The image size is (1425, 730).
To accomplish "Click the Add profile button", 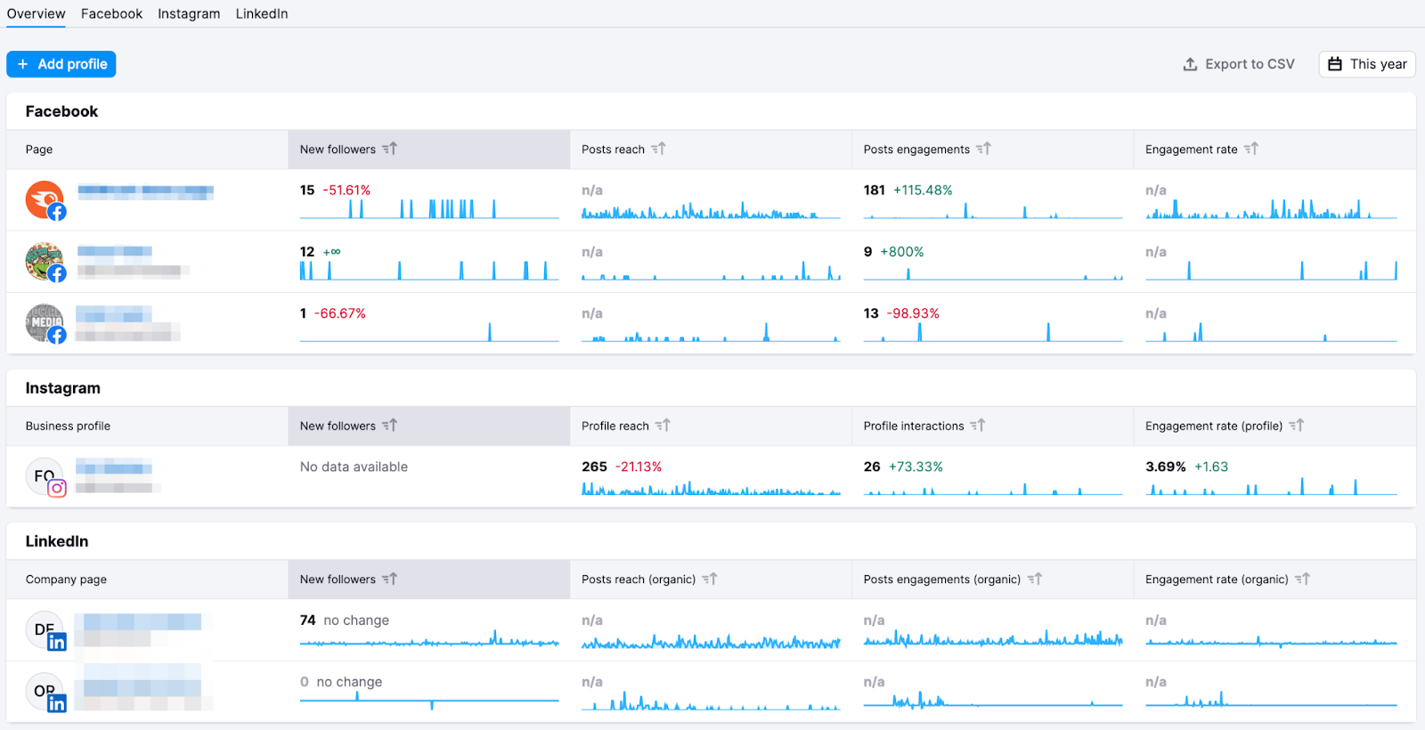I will click(61, 64).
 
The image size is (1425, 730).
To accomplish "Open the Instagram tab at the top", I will click(189, 13).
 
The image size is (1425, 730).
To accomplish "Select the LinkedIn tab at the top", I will click(262, 13).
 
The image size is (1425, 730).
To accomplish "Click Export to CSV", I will click(1239, 64).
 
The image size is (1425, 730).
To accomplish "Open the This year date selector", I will click(1367, 64).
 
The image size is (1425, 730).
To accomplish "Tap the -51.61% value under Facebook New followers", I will click(346, 191).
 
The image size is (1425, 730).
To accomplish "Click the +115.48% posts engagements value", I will click(923, 191).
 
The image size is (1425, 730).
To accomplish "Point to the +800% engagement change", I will click(902, 252).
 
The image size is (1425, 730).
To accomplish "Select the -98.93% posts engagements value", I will click(913, 313).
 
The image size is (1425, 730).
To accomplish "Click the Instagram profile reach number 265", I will click(594, 466).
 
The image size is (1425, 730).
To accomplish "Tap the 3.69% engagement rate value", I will click(1165, 466).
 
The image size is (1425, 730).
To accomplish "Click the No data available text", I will click(354, 466).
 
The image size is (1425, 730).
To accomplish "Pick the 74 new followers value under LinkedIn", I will click(307, 620).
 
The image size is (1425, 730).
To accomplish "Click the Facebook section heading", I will click(61, 111).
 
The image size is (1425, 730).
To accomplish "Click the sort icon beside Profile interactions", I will click(978, 426).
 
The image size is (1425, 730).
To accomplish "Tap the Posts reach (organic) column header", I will click(639, 580).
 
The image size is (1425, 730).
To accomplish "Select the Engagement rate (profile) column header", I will click(1214, 426).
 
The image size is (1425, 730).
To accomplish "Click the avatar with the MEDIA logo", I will click(44, 322).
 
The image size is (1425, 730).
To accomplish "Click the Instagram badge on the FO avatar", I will click(57, 488).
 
